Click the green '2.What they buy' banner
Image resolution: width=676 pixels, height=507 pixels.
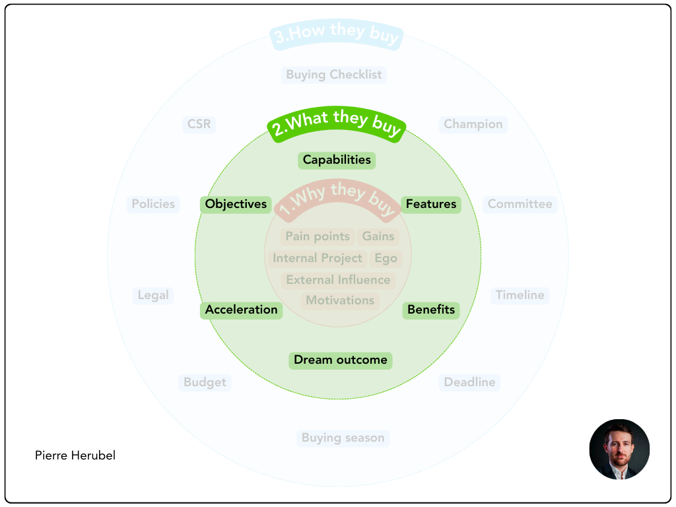coord(337,123)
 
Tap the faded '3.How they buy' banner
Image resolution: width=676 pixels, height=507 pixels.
coord(337,34)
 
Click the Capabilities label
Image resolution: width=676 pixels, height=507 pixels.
coord(337,160)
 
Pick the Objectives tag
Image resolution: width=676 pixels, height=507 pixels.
coord(236,204)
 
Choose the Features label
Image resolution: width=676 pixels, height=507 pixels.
coord(431,204)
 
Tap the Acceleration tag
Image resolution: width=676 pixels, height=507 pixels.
coord(241,310)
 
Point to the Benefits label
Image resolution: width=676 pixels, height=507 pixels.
coord(431,310)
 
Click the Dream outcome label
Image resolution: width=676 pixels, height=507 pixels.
coord(341,360)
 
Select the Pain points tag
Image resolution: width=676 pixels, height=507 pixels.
coord(318,236)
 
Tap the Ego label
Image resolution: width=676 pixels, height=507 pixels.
coord(386,258)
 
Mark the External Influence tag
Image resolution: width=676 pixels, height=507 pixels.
coord(338,280)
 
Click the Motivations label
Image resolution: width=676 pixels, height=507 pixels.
coord(340,300)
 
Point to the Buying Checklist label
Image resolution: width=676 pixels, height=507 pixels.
coord(334,75)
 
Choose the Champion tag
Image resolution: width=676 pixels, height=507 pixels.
coord(473,124)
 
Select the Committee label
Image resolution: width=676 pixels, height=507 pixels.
coord(520,204)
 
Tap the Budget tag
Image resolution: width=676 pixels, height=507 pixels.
coord(205,382)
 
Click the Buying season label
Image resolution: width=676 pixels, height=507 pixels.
coord(343,438)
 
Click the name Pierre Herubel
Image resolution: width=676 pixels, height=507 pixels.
coord(75,456)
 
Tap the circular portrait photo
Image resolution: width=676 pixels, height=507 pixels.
coord(619,449)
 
